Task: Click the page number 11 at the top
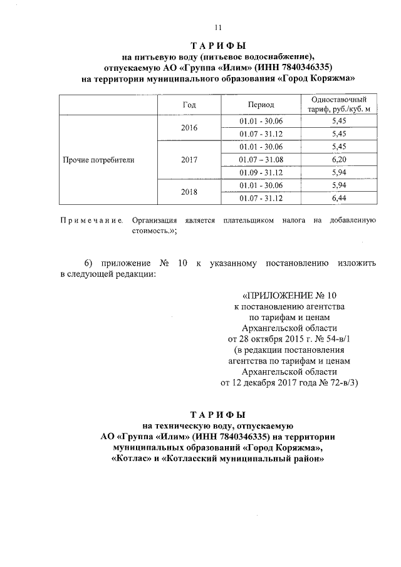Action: (x=218, y=27)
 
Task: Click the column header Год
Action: (x=190, y=105)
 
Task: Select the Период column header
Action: (x=261, y=105)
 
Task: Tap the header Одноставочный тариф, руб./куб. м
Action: (x=339, y=105)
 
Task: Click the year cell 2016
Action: (x=190, y=127)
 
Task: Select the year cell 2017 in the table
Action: (x=190, y=160)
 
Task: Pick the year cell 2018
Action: (x=190, y=192)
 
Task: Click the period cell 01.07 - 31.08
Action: (x=261, y=160)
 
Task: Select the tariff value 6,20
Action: (x=339, y=160)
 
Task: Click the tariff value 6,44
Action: (x=339, y=199)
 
